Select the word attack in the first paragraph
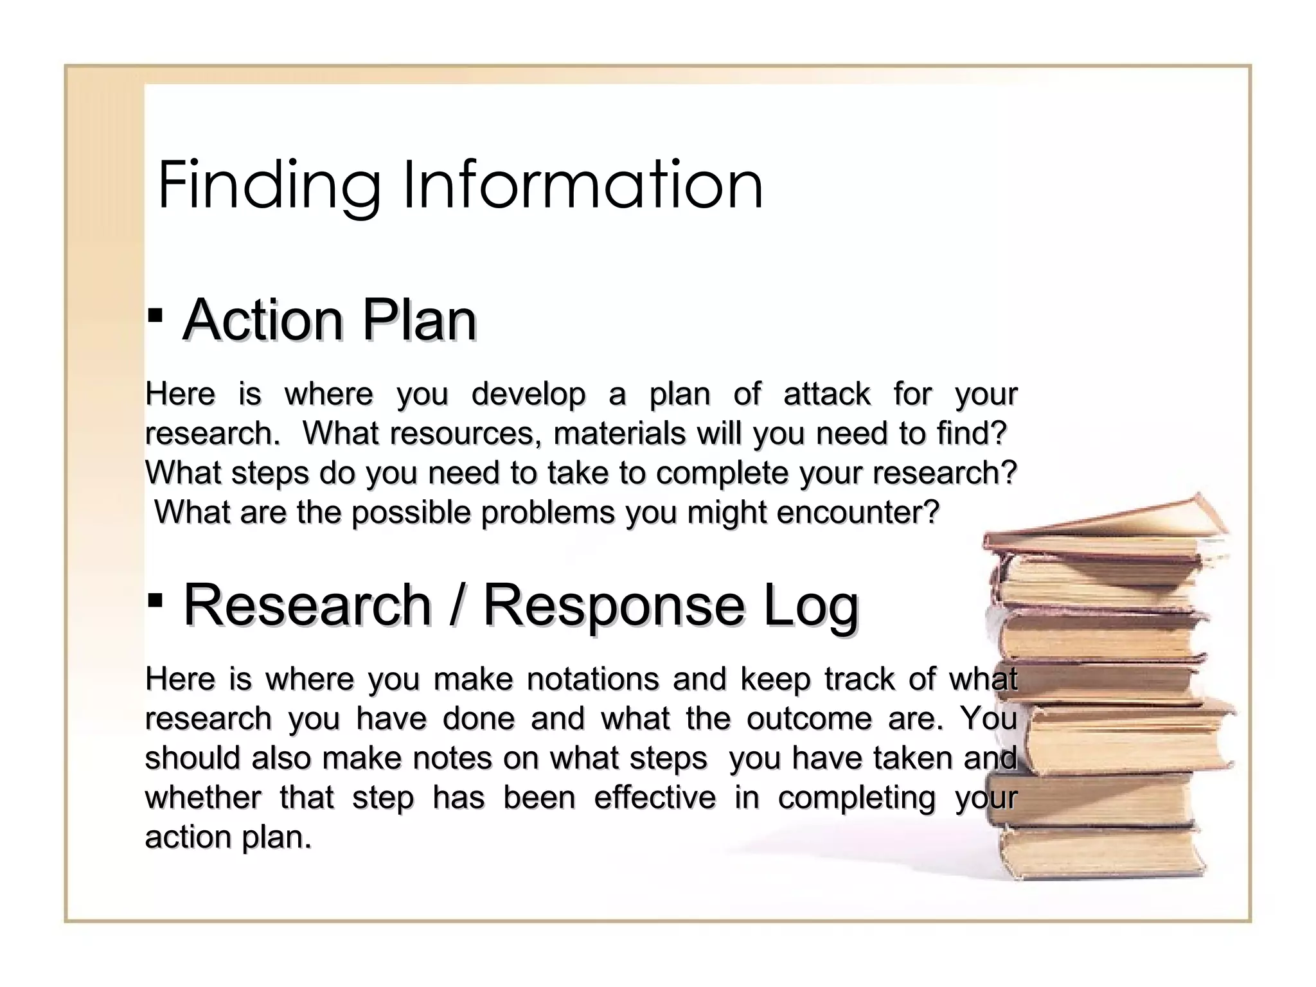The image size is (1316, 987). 827,394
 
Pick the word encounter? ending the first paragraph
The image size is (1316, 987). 858,513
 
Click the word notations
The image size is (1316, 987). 592,679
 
